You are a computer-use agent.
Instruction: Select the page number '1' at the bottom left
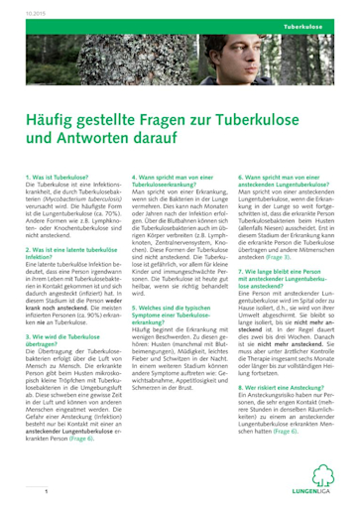(47, 491)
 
